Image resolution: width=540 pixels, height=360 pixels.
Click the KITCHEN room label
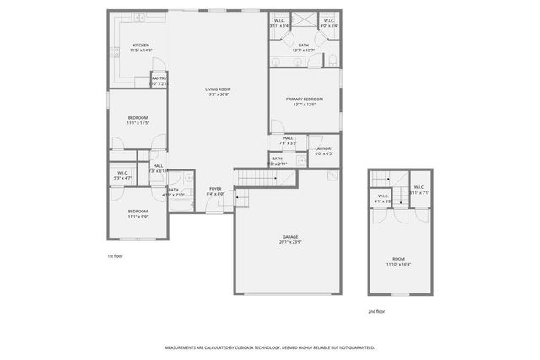click(141, 46)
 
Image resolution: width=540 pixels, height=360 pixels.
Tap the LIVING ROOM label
click(218, 89)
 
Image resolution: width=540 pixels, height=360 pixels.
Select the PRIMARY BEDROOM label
click(303, 99)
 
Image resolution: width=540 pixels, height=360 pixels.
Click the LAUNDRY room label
click(324, 148)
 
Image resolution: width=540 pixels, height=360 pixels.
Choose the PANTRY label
click(159, 78)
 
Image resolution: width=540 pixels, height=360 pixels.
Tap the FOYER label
click(215, 189)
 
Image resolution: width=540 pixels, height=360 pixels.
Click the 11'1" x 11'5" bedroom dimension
click(138, 123)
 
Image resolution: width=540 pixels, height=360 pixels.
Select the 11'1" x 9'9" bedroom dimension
click(138, 217)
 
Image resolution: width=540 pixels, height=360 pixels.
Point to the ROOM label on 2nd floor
click(398, 259)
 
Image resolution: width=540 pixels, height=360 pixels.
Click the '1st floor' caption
click(116, 255)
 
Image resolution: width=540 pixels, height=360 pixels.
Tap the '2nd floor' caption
click(377, 310)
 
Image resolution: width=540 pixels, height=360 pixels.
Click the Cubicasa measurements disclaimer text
click(270, 347)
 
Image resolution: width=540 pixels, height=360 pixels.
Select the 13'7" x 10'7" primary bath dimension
click(303, 51)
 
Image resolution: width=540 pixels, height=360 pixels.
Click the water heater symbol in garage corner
click(332, 176)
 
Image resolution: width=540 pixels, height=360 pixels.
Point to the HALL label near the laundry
click(289, 137)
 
